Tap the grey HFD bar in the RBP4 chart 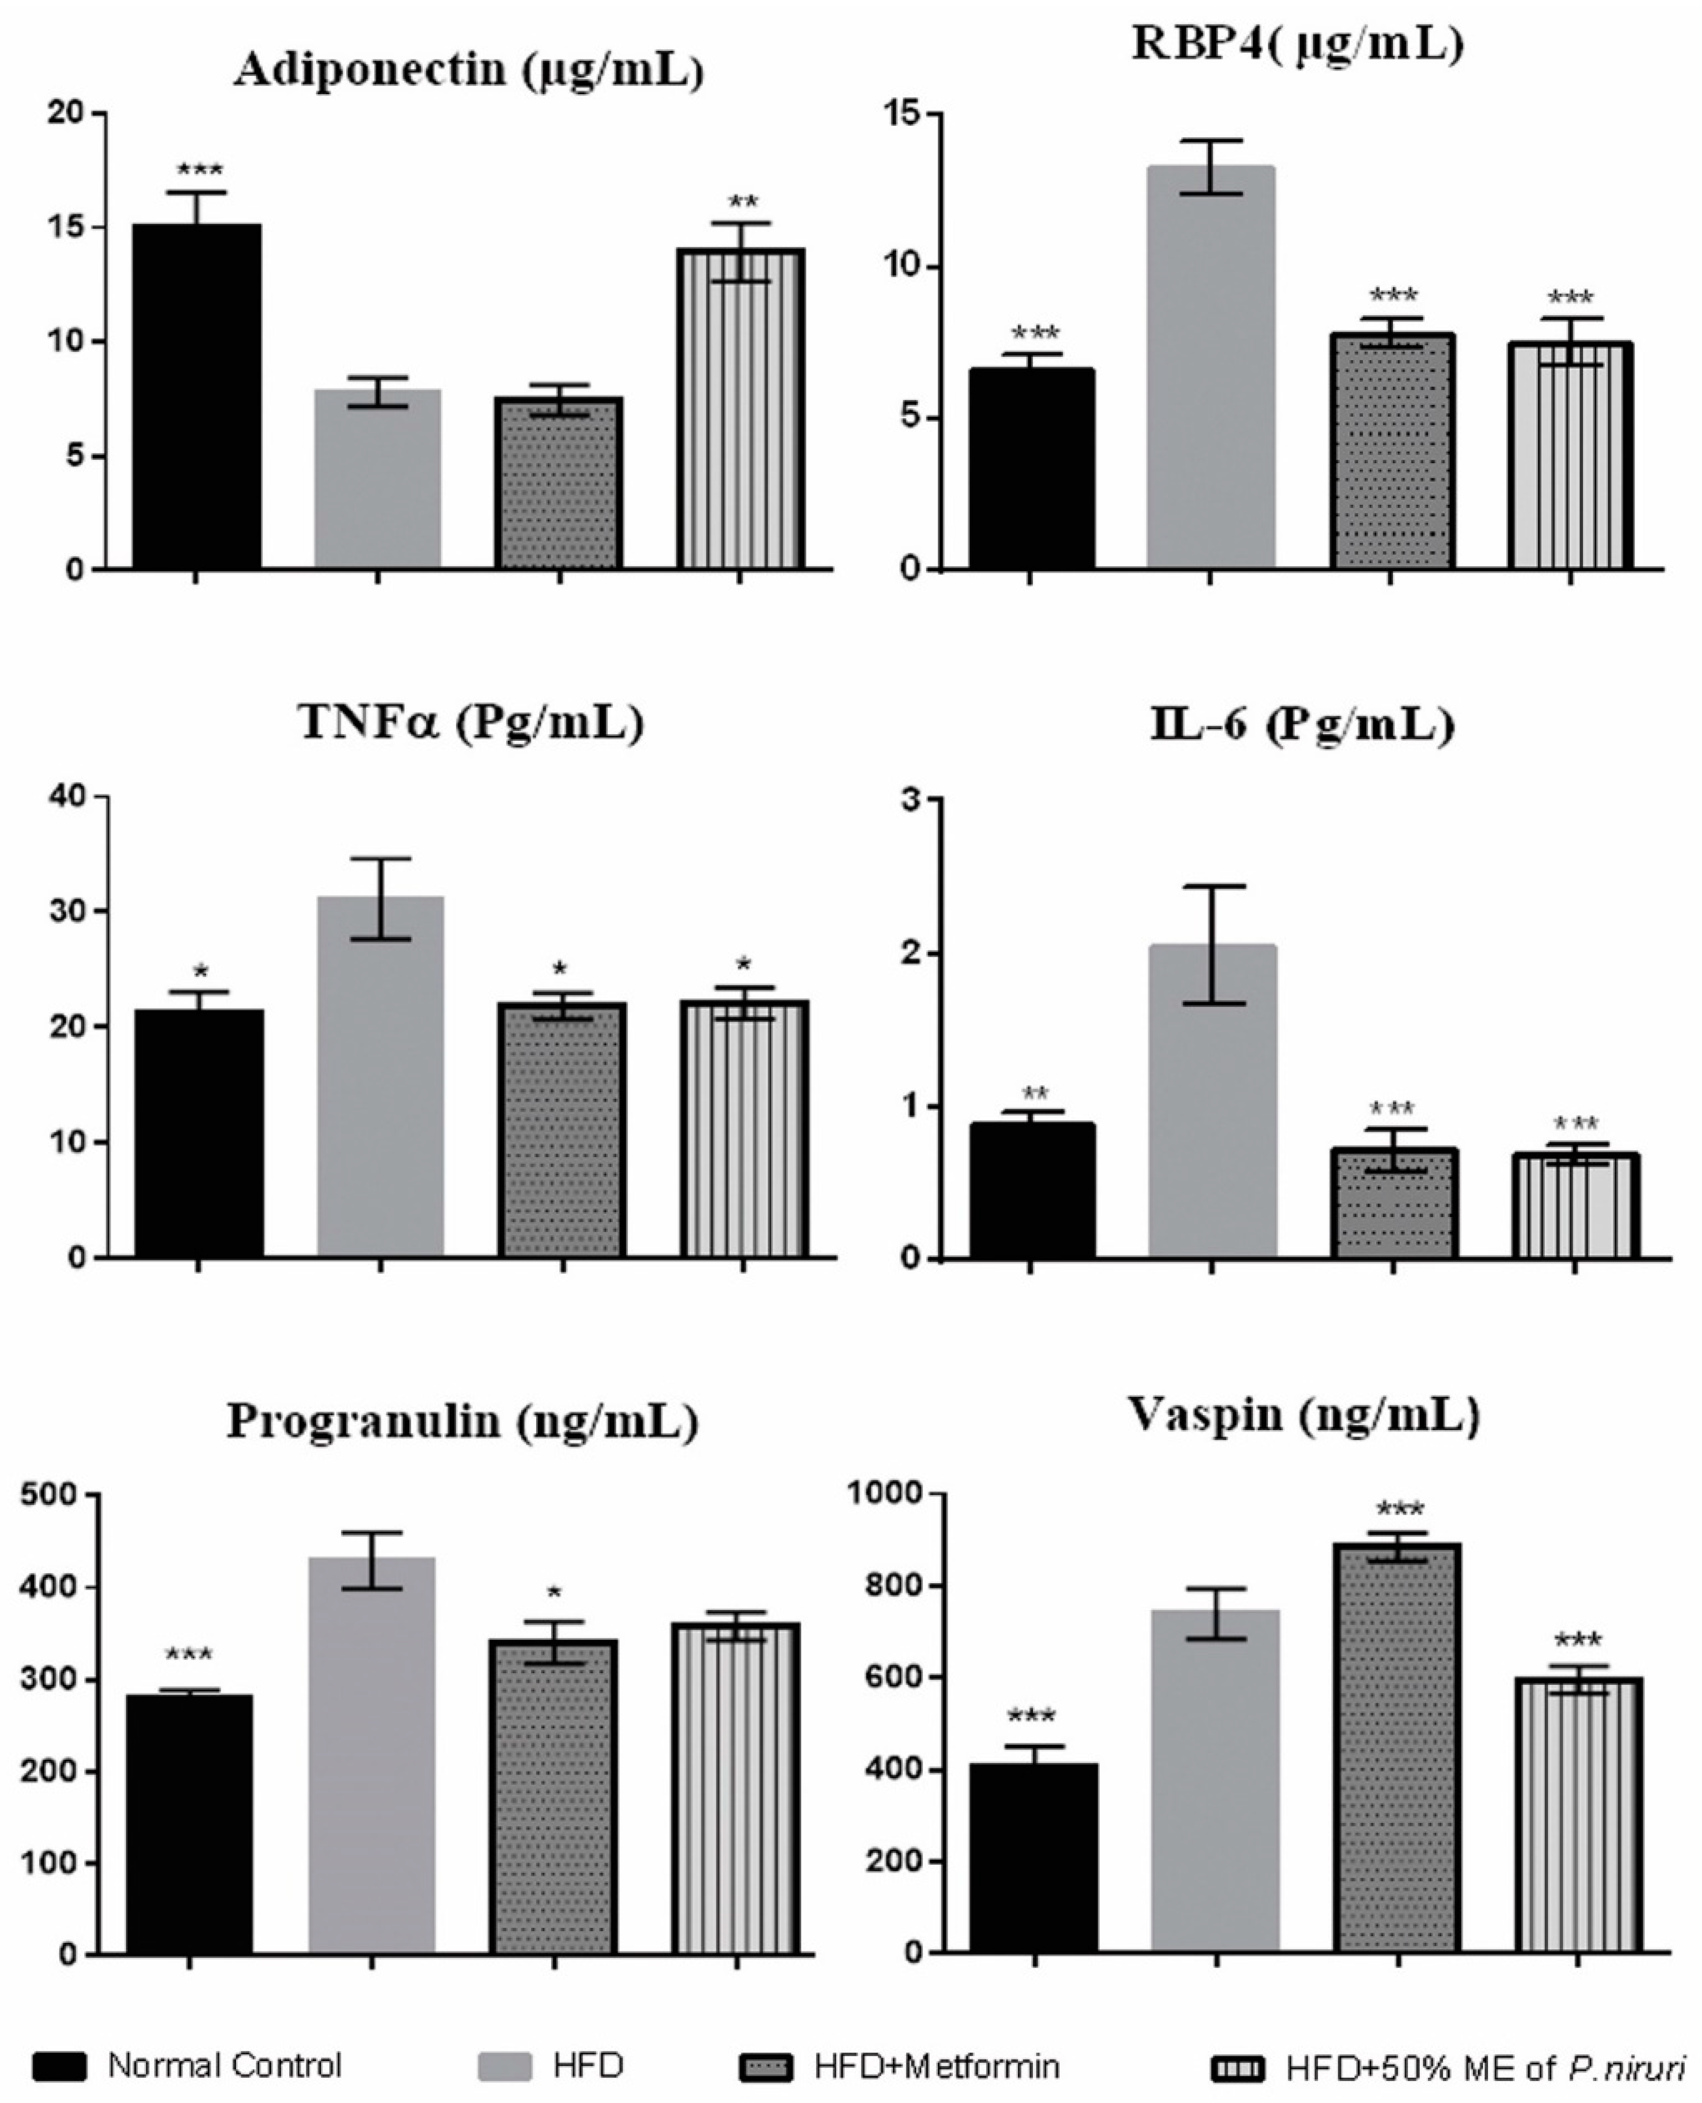(x=1211, y=368)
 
